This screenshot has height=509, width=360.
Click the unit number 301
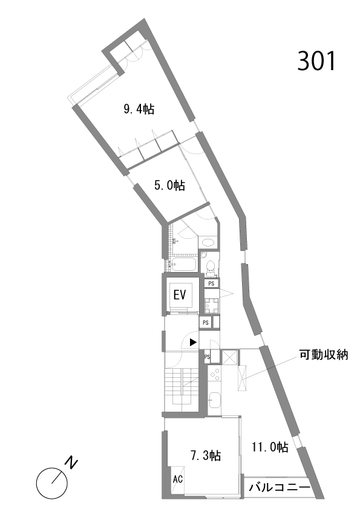click(x=316, y=61)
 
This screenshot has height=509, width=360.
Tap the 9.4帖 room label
click(x=139, y=109)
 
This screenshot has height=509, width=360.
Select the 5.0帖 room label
click(x=169, y=186)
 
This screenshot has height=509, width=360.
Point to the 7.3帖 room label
click(x=206, y=455)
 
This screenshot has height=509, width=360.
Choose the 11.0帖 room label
click(x=270, y=447)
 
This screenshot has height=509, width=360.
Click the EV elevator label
click(x=180, y=295)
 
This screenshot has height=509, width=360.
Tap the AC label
click(x=178, y=479)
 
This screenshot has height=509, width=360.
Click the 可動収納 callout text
click(x=324, y=354)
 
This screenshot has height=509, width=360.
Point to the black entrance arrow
click(x=193, y=342)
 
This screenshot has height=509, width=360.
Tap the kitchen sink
click(x=214, y=400)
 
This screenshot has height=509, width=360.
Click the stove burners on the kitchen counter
click(x=214, y=375)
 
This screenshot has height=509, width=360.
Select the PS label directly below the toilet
click(x=212, y=284)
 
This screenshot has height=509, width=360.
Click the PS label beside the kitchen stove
click(x=208, y=357)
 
